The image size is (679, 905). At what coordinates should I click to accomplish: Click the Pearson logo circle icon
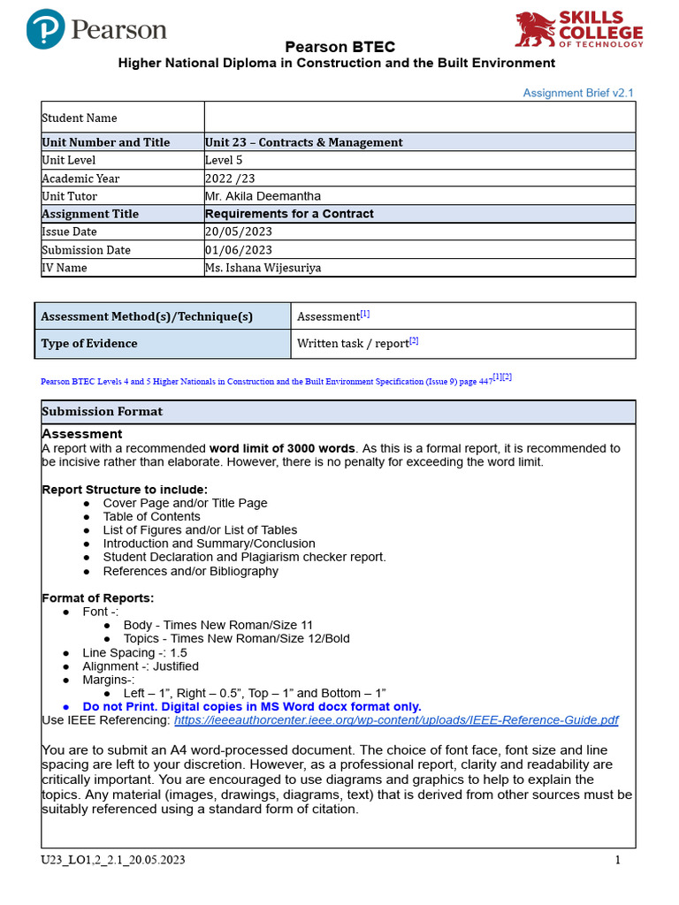(46, 29)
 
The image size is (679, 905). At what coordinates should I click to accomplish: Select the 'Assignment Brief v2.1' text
(578, 93)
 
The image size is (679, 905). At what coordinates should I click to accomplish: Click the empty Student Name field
(419, 118)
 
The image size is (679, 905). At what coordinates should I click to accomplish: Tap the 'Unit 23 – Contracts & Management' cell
(303, 142)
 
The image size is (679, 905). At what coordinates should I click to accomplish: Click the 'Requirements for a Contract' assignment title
(289, 214)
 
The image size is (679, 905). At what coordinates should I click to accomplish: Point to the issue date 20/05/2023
(239, 232)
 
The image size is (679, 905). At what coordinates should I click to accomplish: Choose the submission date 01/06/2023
(239, 250)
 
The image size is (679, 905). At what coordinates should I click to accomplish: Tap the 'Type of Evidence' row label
(89, 344)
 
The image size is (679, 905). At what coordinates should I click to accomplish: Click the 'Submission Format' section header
(102, 412)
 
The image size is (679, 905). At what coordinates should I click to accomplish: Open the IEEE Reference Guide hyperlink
(396, 720)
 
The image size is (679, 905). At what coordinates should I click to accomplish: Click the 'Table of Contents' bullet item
(151, 516)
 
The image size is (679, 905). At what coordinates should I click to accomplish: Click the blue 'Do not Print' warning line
(251, 707)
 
